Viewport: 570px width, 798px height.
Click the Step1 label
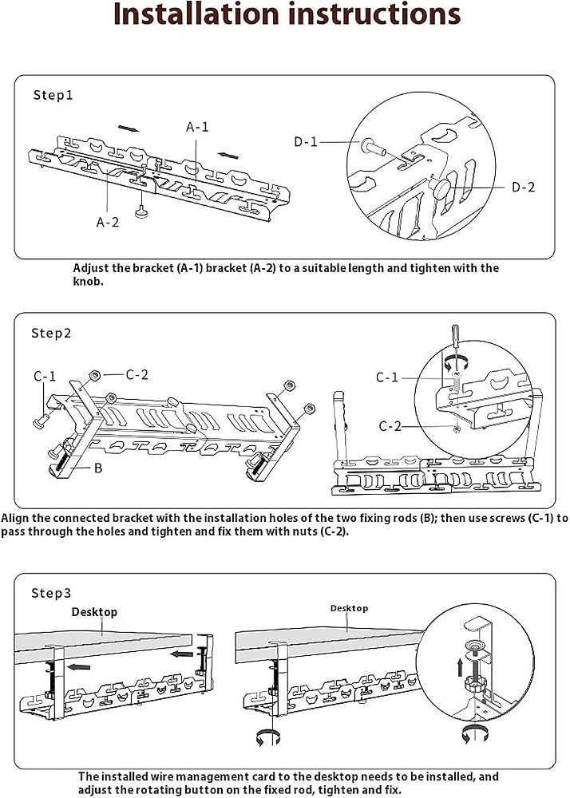point(53,95)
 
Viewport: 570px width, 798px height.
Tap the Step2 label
point(51,334)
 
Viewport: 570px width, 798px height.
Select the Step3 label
point(51,593)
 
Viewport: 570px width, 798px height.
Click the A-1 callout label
point(197,127)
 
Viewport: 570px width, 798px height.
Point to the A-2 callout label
point(108,222)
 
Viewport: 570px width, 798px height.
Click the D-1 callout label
point(305,142)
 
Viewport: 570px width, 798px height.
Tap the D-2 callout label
point(523,188)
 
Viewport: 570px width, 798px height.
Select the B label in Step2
point(98,468)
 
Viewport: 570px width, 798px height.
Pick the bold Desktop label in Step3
point(94,612)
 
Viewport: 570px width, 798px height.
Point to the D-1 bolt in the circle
point(374,148)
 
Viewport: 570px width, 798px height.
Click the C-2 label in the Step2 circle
point(390,425)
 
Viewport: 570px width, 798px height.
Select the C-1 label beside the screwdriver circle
point(386,377)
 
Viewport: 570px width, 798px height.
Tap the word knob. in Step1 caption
point(88,282)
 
